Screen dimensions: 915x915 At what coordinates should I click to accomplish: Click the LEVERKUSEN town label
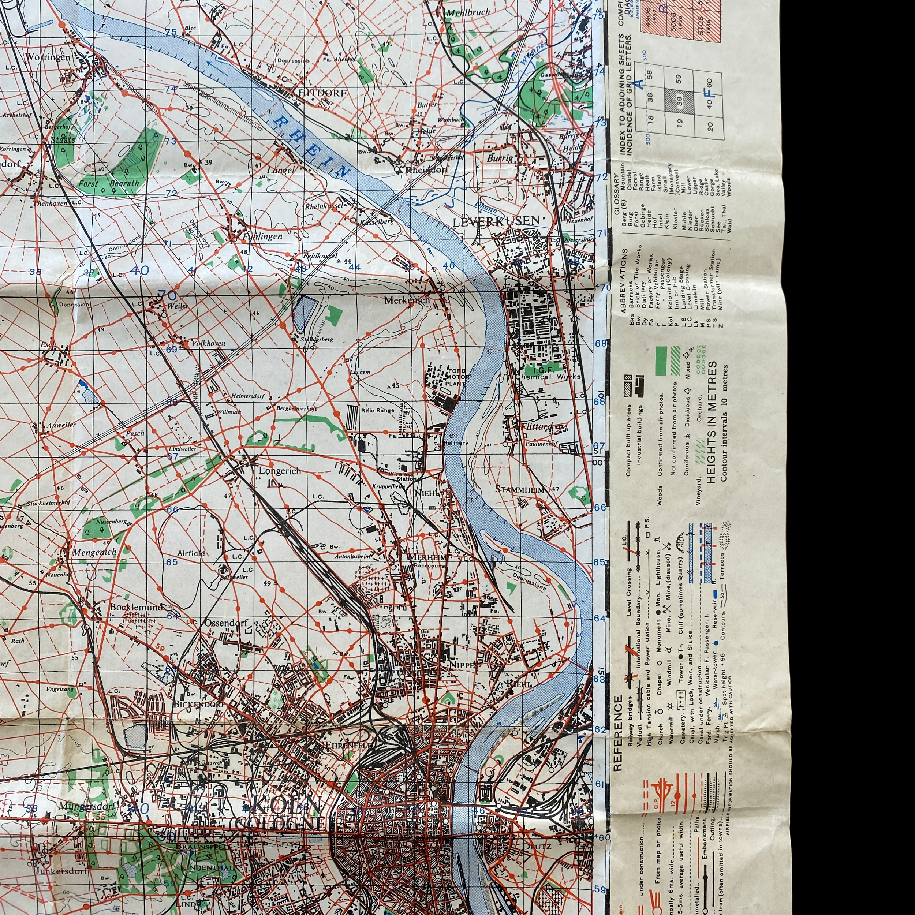[496, 221]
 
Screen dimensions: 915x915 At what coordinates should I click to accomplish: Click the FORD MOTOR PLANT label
[456, 377]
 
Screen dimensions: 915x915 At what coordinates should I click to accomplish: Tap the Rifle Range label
[377, 410]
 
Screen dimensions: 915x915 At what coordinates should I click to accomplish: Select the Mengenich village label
[94, 552]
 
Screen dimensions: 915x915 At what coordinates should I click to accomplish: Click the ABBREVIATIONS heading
[624, 281]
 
